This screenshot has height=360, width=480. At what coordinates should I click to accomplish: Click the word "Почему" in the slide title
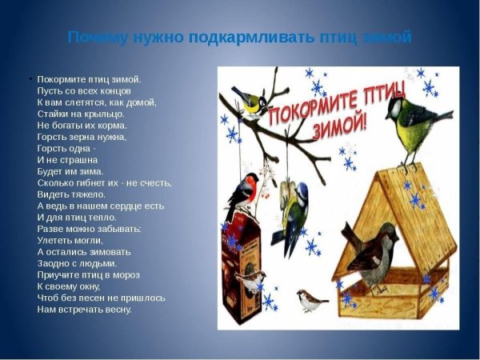[x=94, y=38]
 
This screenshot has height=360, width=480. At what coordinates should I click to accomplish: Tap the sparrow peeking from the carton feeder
[x=251, y=279]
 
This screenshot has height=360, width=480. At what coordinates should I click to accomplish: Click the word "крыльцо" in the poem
[x=107, y=114]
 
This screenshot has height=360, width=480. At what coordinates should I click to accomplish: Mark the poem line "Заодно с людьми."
[x=77, y=262]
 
